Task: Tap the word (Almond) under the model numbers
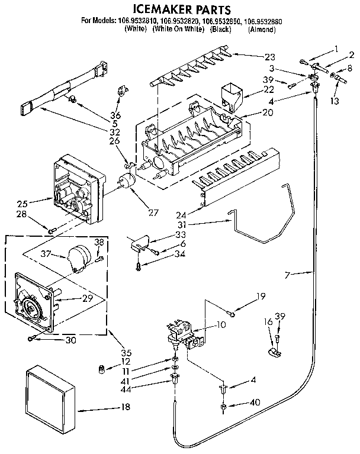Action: click(x=261, y=29)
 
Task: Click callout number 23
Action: click(x=270, y=57)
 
